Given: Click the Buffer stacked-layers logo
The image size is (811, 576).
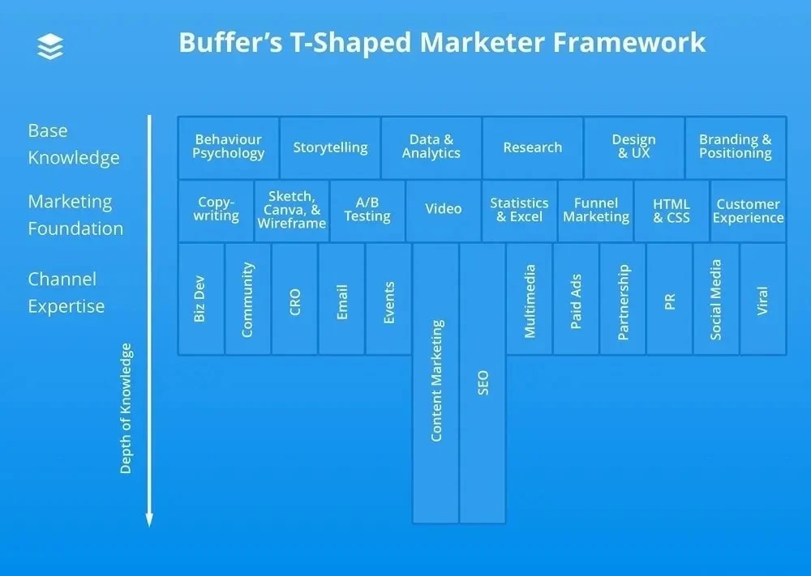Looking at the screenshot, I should coord(50,46).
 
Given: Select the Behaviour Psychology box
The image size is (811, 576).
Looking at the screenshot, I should coord(228,147).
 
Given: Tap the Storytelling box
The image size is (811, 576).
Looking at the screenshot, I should coord(330,147).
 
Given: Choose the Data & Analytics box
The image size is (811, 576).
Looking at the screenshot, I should coord(431,147).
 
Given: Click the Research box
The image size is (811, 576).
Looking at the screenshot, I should coord(532,147).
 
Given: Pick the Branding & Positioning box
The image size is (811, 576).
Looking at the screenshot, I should coord(736,147).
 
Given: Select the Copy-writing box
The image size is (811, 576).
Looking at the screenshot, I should coord(217,210).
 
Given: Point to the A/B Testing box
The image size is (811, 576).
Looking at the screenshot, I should coord(367,210).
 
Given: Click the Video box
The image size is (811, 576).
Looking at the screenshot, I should coord(444,210).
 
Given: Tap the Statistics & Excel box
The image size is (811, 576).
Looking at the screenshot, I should coord(519,210).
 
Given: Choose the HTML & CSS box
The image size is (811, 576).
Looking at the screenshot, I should coord(672,210).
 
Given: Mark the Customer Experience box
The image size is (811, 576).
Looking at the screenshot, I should coord(748,211).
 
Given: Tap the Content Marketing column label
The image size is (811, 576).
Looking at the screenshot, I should coord(436,381).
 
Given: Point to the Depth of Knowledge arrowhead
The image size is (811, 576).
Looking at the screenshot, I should coord(149,519).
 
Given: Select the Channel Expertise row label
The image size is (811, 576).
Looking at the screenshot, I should coord(67,292).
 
